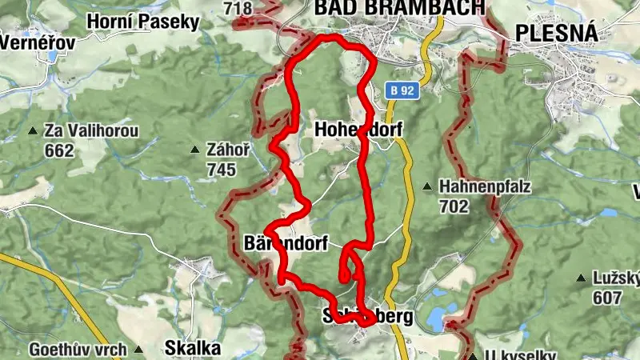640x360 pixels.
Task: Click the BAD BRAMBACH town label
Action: click(399, 8)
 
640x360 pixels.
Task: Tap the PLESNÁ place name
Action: click(557, 32)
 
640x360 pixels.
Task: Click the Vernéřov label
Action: click(38, 42)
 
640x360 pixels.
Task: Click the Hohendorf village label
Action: click(358, 130)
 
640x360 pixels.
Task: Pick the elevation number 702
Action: click(453, 206)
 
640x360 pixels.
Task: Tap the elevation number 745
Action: click(220, 169)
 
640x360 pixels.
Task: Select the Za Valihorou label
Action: click(92, 131)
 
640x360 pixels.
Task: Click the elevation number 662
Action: click(60, 150)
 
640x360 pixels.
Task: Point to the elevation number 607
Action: click(608, 298)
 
